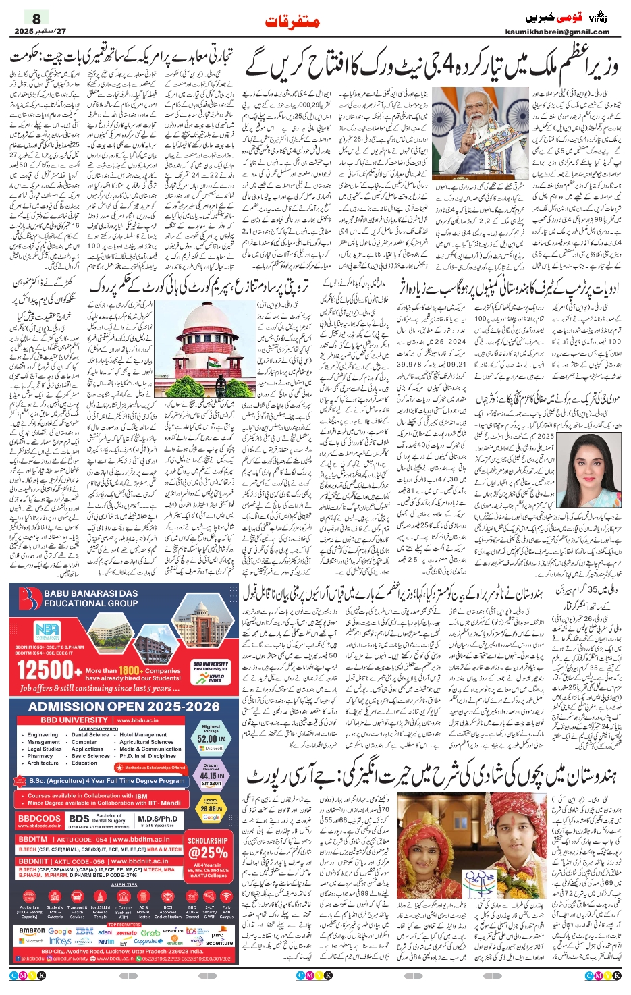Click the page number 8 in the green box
click(x=36, y=19)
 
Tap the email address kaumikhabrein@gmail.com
click(x=557, y=32)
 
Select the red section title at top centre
click(x=292, y=22)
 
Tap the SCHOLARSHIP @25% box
click(x=208, y=853)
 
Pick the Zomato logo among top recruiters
click(x=126, y=932)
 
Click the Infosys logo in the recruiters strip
click(x=60, y=941)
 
